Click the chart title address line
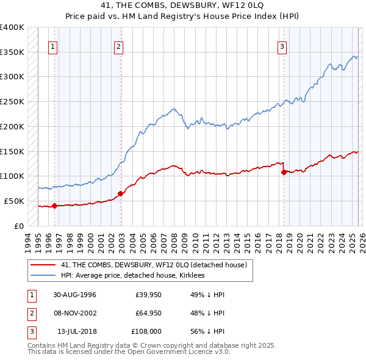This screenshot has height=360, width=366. click(x=183, y=5)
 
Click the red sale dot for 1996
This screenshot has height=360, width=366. click(x=54, y=206)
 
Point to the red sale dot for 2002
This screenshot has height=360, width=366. click(x=120, y=193)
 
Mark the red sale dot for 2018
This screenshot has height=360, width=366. click(x=284, y=172)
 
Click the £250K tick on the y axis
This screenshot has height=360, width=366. click(x=12, y=101)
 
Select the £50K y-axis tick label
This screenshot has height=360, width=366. click(x=13, y=201)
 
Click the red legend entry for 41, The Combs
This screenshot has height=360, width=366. click(x=154, y=265)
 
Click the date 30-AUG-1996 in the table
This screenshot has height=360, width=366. click(x=74, y=295)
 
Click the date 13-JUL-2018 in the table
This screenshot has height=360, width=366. click(x=76, y=331)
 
